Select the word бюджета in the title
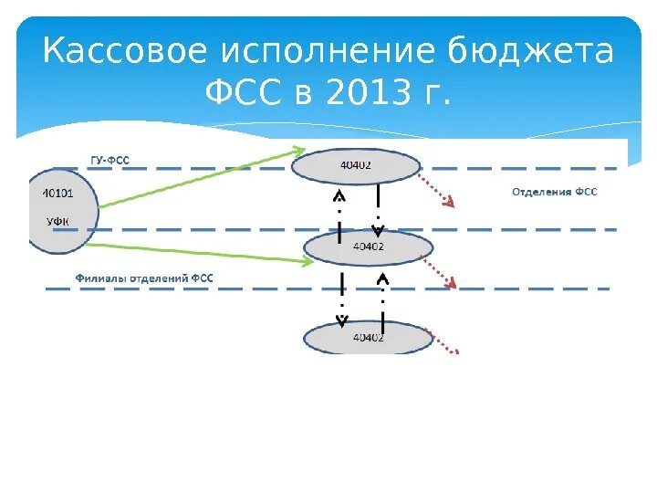531,51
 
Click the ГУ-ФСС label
110,161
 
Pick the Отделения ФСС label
554,193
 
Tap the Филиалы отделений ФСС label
143,276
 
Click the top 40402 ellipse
356,165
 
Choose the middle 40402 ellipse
367,246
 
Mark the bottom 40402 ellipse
367,337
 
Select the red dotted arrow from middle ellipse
438,271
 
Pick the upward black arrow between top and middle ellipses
339,215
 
